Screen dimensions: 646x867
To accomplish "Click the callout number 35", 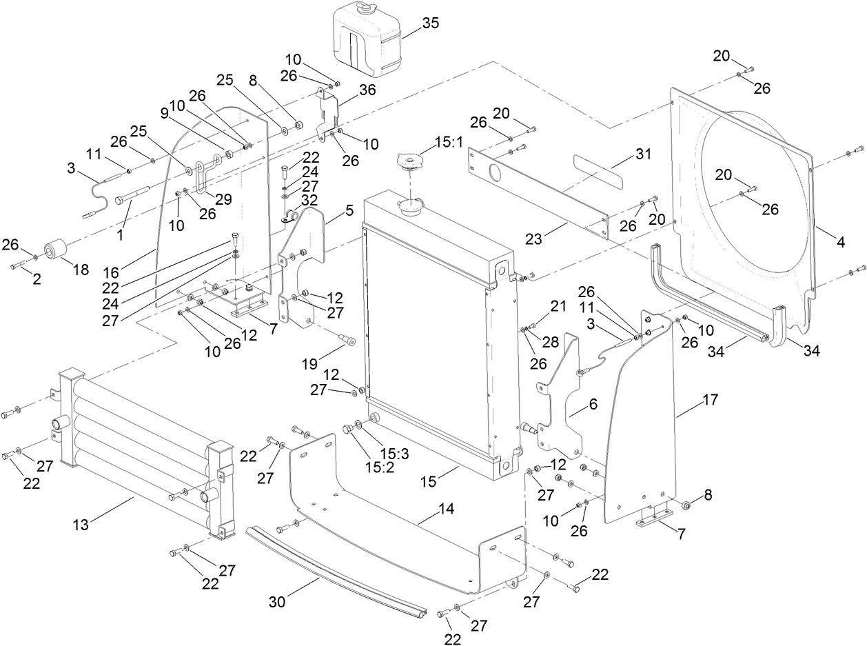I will [430, 23].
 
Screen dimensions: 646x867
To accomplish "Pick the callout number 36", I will [367, 89].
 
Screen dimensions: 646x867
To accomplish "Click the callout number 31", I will [642, 155].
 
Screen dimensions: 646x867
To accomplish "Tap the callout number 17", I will [710, 399].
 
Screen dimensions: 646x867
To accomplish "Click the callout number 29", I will [223, 199].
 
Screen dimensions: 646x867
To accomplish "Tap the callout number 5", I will [349, 208].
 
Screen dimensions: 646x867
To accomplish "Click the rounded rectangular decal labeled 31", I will [598, 172].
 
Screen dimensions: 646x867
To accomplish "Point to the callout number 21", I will [557, 305].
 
